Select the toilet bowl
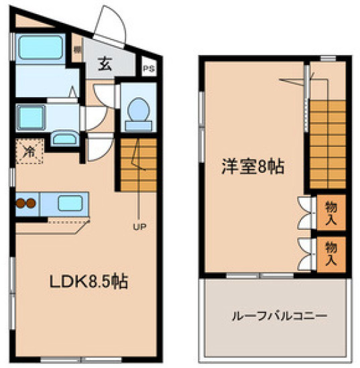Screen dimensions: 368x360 pyautogui.click(x=138, y=109)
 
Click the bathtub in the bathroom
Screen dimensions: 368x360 pyautogui.click(x=39, y=47)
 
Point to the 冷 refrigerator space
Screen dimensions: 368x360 pyautogui.click(x=29, y=151)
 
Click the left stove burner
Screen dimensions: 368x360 pyautogui.click(x=21, y=202)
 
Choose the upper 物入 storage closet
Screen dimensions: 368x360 pyautogui.click(x=331, y=212)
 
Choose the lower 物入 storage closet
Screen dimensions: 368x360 pyautogui.click(x=331, y=253)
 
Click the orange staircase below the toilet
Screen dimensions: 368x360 pyautogui.click(x=138, y=164)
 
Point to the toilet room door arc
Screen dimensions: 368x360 pyautogui.click(x=103, y=94)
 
